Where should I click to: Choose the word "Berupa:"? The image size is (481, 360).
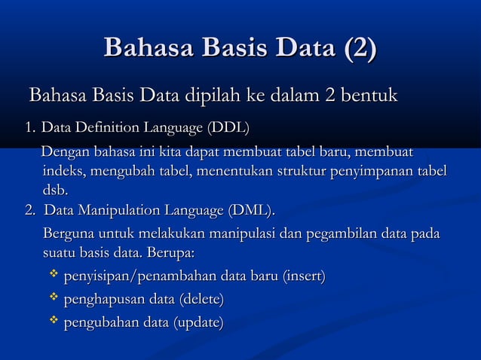point(172,250)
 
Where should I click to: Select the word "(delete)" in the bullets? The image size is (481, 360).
point(200,301)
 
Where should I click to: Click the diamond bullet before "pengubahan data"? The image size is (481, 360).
point(54,322)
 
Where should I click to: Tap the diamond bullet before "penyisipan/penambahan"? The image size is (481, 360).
point(54,277)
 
